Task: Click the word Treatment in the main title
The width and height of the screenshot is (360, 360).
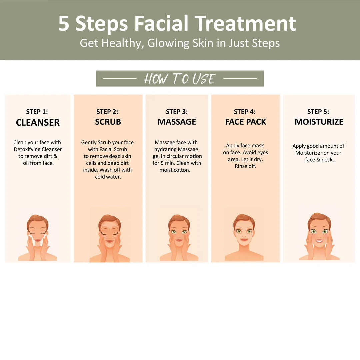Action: pos(245,23)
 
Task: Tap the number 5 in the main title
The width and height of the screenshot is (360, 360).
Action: pos(64,23)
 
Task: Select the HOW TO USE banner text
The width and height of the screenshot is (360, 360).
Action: pos(180,79)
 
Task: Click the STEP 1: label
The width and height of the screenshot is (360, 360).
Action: pos(37,112)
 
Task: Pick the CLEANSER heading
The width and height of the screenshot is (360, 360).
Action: pos(38,123)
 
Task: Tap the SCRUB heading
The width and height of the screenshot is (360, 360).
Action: pos(108,122)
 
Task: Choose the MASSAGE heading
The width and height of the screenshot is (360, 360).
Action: pos(177,122)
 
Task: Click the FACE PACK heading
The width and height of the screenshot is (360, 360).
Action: pos(245,122)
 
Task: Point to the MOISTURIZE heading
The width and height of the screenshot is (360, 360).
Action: pos(319,122)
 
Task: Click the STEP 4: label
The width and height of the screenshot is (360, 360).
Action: pos(245,112)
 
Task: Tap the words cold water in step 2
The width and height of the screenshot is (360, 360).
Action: pos(108,177)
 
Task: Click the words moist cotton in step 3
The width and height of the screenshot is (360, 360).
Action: pos(175,170)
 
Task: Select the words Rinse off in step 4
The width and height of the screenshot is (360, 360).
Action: pos(245,166)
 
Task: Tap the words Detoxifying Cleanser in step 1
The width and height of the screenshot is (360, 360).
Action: pos(38,149)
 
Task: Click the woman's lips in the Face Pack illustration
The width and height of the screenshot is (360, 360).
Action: pos(244,239)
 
